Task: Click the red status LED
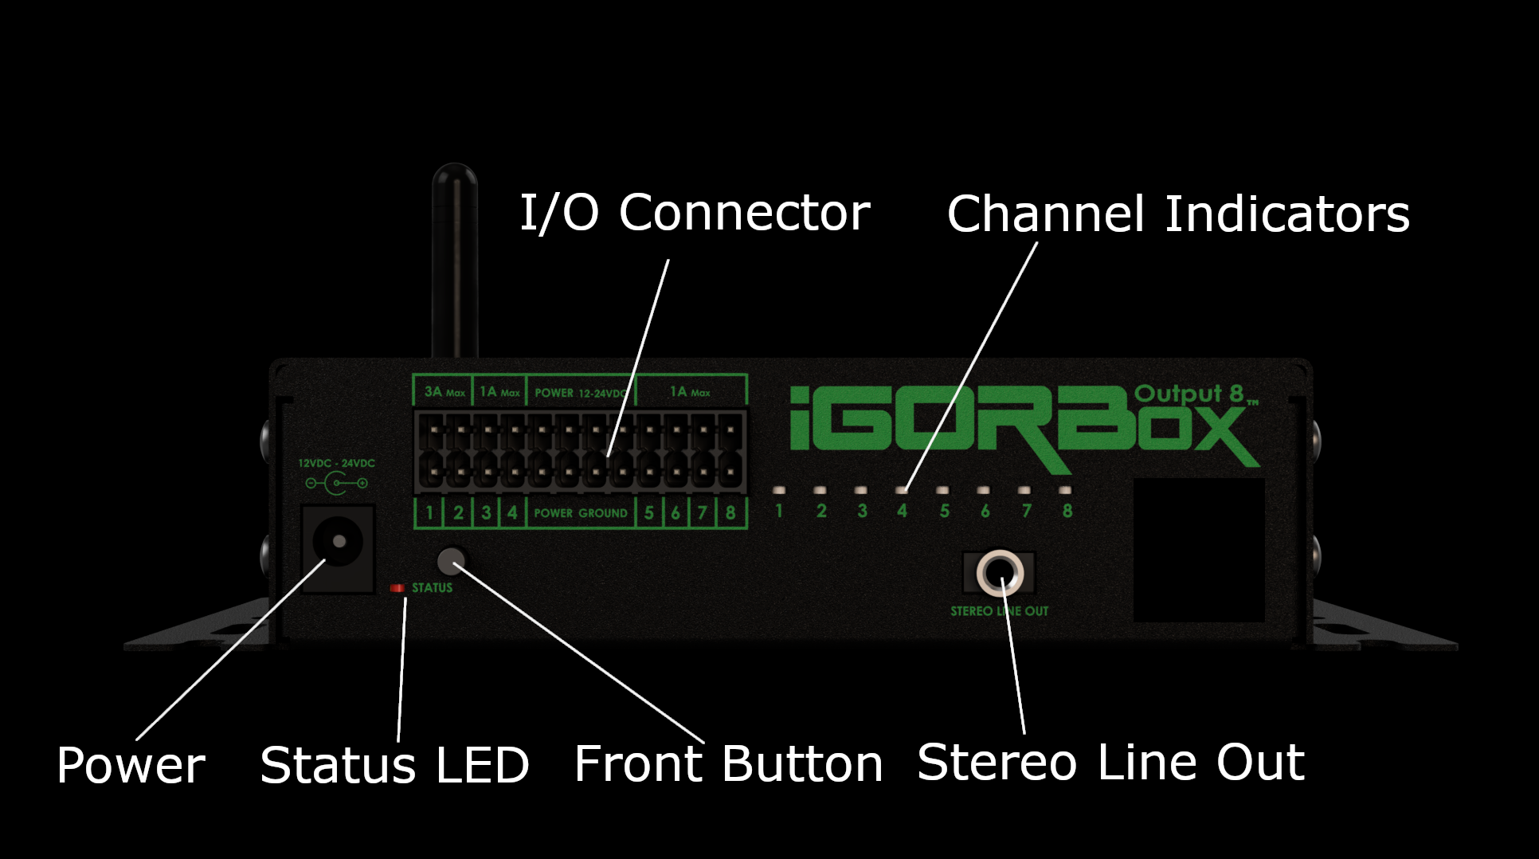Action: [x=397, y=588]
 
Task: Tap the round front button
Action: [x=452, y=561]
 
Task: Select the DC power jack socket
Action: [x=339, y=542]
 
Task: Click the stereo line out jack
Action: [x=1000, y=572]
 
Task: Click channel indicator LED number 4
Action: [x=902, y=490]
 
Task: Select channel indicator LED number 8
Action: [x=1066, y=490]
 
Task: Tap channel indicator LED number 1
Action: [x=779, y=490]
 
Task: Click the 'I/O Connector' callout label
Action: [x=695, y=213]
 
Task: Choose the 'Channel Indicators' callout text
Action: [x=1177, y=214]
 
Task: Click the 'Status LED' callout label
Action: [x=394, y=765]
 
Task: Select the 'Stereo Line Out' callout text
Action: [x=1110, y=762]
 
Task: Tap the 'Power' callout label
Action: [x=131, y=766]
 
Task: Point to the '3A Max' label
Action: [x=444, y=392]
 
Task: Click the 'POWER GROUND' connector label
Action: [x=580, y=513]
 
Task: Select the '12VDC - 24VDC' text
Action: [x=336, y=463]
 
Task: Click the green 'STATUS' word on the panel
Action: [x=432, y=588]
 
